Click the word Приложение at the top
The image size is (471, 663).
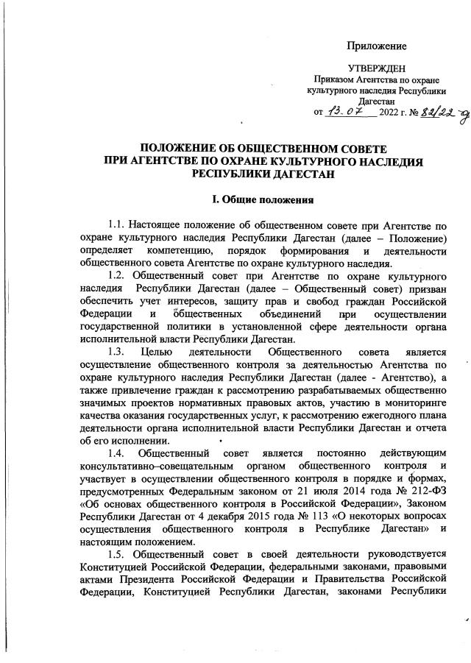377,46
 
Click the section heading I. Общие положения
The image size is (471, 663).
263,199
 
